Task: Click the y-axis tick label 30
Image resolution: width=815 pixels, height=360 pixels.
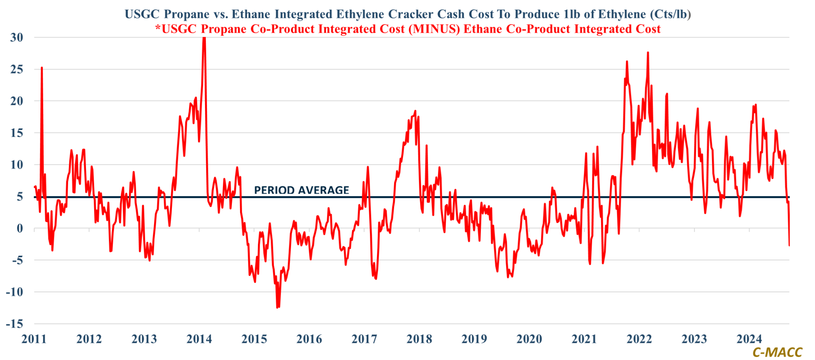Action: point(17,38)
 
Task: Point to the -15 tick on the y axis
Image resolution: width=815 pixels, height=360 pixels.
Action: point(14,324)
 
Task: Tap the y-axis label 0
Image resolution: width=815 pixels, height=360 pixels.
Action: point(20,229)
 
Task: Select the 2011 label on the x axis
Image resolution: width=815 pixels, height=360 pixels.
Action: point(34,339)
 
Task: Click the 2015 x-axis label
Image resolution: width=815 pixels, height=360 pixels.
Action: point(254,339)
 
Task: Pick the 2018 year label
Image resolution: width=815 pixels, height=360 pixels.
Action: point(419,339)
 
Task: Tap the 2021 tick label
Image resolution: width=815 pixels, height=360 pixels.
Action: point(584,339)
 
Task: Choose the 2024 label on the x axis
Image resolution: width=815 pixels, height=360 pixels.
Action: point(749,339)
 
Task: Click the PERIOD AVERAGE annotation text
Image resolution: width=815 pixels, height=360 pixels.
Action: point(302,190)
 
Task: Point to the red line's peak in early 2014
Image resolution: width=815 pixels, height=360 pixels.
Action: point(204,38)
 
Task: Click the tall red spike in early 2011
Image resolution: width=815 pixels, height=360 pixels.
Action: point(42,68)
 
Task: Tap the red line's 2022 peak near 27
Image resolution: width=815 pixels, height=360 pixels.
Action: point(648,53)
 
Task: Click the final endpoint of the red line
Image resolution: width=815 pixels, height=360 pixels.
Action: point(789,245)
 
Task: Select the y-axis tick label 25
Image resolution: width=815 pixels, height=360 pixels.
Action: point(17,69)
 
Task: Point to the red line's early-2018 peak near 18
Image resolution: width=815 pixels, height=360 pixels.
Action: point(415,111)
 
